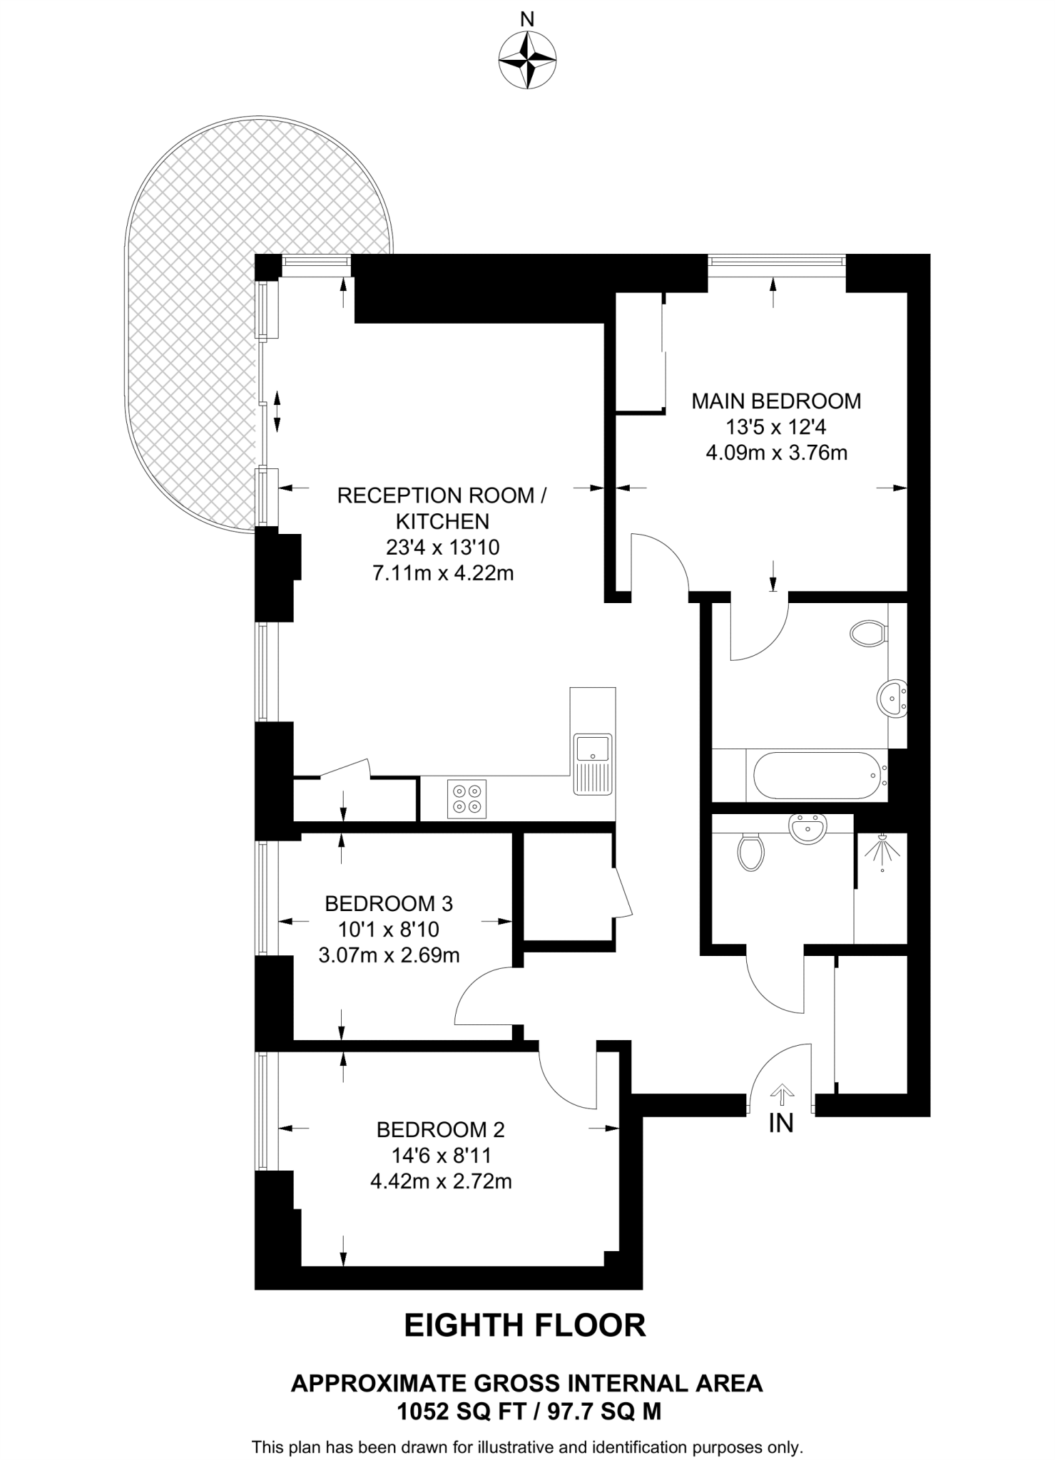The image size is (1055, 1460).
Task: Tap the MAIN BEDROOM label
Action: [x=776, y=401]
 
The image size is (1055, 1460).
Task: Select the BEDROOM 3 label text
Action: [x=389, y=904]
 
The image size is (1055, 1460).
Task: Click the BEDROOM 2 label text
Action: [x=440, y=1130]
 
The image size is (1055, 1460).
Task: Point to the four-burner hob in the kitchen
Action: [x=467, y=798]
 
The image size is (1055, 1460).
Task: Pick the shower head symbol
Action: [x=881, y=849]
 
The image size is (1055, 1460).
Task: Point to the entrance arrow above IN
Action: [x=782, y=1094]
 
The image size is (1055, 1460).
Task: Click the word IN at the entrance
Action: [x=781, y=1124]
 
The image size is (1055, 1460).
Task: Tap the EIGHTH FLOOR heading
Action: [x=526, y=1325]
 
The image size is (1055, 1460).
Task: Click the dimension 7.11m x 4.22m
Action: [x=443, y=573]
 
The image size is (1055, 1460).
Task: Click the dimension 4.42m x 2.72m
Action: [x=441, y=1182]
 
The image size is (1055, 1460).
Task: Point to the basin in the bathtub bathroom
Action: [x=891, y=697]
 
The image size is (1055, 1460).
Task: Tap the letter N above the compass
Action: [x=527, y=19]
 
